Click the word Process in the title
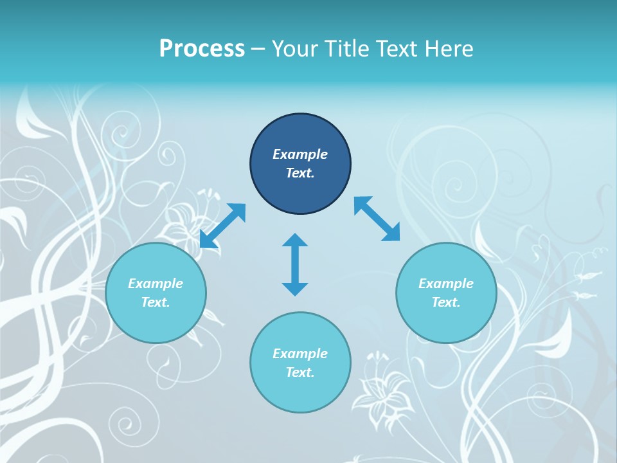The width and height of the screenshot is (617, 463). pyautogui.click(x=202, y=49)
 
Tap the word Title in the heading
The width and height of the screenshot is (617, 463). pyautogui.click(x=347, y=49)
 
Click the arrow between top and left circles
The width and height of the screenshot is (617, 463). pyautogui.click(x=222, y=226)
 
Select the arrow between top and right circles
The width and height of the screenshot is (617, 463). pyautogui.click(x=377, y=219)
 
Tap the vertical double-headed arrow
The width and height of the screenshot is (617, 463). pyautogui.click(x=295, y=265)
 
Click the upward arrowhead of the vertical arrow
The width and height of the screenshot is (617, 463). pyautogui.click(x=295, y=241)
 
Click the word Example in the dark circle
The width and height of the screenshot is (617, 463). pyautogui.click(x=300, y=154)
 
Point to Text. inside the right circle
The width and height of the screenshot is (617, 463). pyautogui.click(x=446, y=302)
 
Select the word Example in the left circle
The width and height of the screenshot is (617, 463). pyautogui.click(x=156, y=284)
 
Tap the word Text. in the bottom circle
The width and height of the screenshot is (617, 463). pyautogui.click(x=300, y=372)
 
